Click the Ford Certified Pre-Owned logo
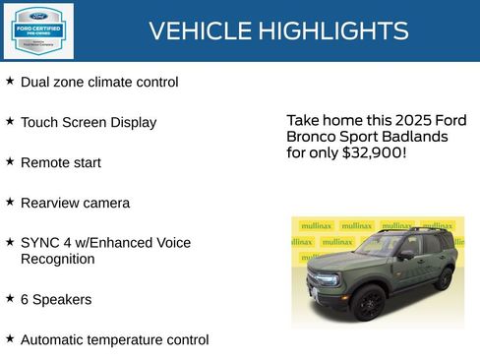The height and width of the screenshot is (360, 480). pos(37,30)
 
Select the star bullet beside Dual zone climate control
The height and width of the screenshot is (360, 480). pos(10,81)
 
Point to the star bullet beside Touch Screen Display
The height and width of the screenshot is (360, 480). pos(10,121)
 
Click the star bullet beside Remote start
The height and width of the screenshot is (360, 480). pos(10,160)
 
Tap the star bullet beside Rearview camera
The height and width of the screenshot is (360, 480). pos(10,201)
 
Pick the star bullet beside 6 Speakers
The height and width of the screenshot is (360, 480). pos(10,297)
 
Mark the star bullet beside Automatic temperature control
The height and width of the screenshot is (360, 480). pos(10,337)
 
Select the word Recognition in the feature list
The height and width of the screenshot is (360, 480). pos(57,259)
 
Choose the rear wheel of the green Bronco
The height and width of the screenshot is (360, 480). pos(445,279)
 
